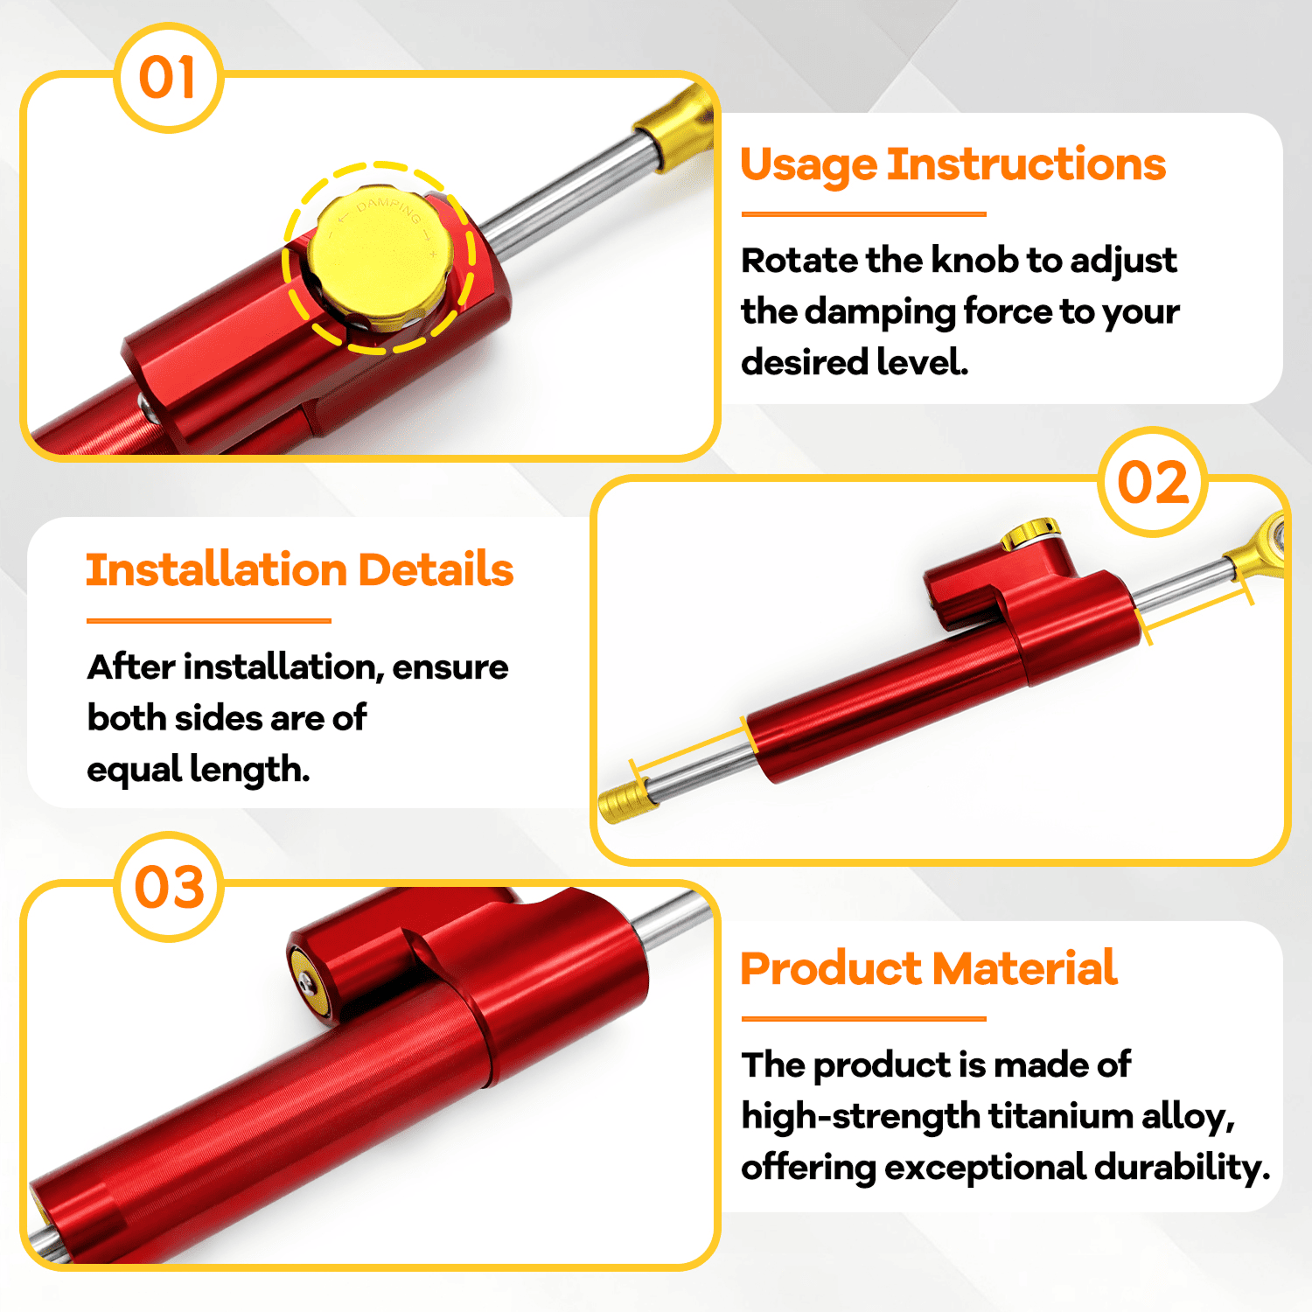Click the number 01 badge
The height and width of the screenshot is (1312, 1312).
tap(168, 78)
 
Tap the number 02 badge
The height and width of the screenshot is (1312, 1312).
tap(1153, 482)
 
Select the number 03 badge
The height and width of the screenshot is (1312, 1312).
tap(169, 887)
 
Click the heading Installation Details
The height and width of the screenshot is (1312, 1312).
tap(299, 569)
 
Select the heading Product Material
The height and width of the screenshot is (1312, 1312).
tap(928, 968)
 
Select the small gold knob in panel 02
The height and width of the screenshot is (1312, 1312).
tap(1030, 533)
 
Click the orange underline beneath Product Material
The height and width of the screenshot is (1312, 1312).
tap(863, 1019)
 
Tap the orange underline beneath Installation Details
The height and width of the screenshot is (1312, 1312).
tap(209, 621)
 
